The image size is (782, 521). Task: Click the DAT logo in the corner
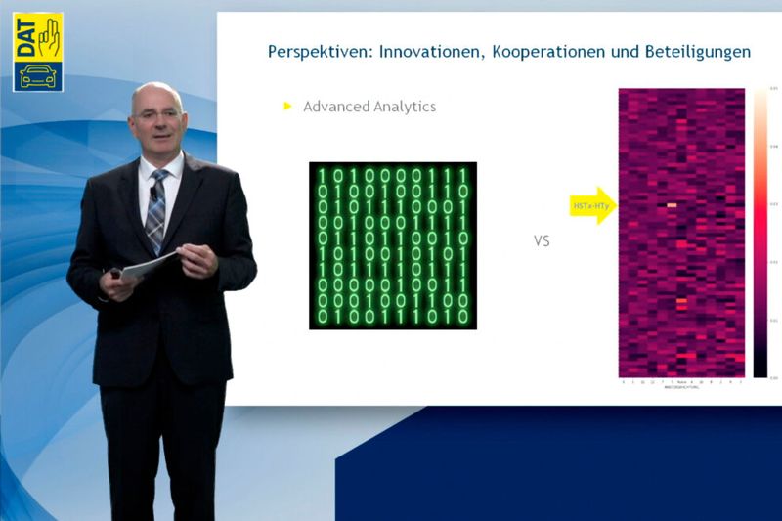[37, 52]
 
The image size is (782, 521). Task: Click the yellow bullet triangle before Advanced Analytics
[288, 106]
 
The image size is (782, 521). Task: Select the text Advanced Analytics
[369, 107]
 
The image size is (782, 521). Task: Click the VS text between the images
[542, 240]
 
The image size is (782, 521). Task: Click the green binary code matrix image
[393, 244]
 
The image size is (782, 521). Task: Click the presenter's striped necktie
[156, 210]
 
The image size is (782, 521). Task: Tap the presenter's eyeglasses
[156, 114]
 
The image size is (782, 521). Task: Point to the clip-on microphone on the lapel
[153, 195]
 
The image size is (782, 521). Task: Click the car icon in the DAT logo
[37, 74]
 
